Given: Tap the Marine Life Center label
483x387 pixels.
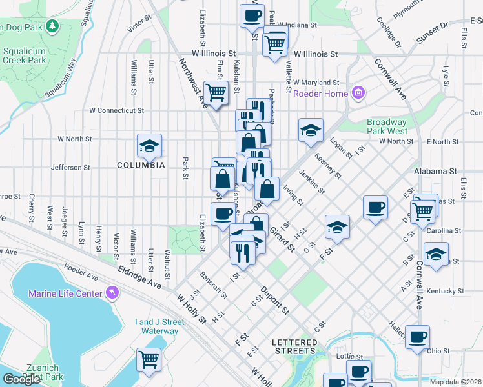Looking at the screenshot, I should click(x=65, y=294).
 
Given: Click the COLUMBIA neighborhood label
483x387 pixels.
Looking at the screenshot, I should click(x=141, y=165).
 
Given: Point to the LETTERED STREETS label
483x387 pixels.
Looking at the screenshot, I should click(x=294, y=346).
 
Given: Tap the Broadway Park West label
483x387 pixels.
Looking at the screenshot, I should click(x=387, y=126).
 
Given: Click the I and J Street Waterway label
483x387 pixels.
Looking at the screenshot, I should click(x=156, y=326).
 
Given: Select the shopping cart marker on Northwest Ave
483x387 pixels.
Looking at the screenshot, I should click(x=216, y=92).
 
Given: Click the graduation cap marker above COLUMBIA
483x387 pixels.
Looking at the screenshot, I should click(x=149, y=145).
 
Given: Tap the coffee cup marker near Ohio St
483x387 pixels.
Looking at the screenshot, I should click(x=417, y=336).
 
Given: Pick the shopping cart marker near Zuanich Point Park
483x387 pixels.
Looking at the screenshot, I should click(x=149, y=359).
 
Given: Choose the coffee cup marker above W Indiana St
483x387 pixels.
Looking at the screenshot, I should click(x=252, y=15).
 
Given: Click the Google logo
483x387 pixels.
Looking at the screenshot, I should click(x=21, y=379).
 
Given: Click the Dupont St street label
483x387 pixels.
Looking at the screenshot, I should click(x=275, y=301).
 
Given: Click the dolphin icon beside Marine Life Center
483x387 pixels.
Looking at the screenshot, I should click(x=114, y=294).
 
